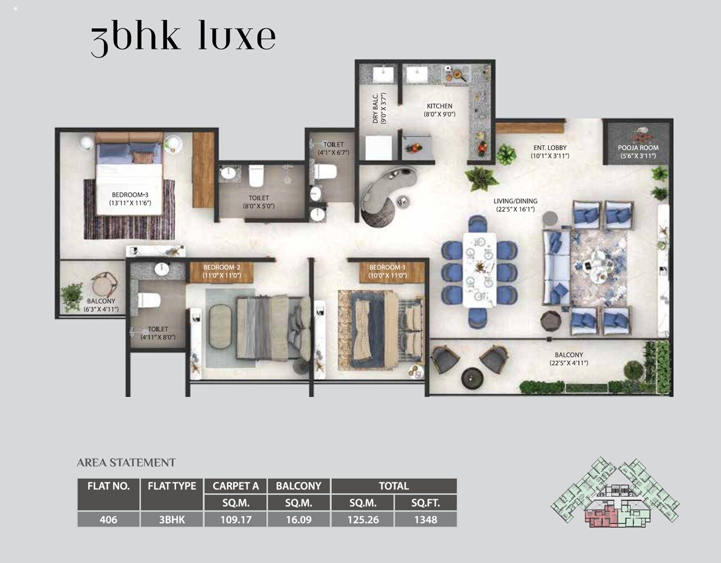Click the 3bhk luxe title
(183, 39)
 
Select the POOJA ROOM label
(638, 148)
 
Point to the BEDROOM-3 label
(130, 195)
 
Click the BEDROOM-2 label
(221, 267)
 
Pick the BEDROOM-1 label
(388, 267)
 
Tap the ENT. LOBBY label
(550, 148)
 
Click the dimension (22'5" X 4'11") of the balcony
(568, 364)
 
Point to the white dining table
(479, 270)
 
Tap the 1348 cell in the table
(425, 520)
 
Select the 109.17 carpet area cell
(235, 520)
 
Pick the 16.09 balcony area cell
(299, 520)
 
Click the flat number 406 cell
(108, 520)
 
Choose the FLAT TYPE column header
(172, 486)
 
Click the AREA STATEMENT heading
(126, 463)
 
